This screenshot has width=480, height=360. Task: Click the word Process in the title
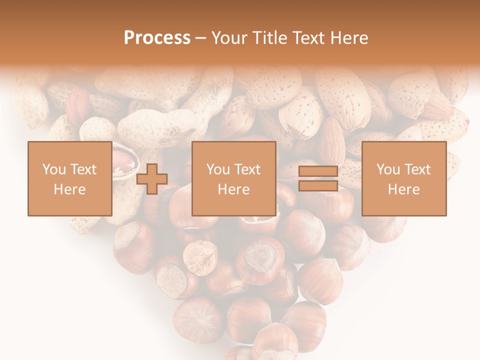tap(157, 38)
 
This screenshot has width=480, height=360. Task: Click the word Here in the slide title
tap(349, 38)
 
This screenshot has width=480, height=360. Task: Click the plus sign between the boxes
tap(152, 179)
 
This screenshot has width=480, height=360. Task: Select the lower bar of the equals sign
tap(318, 185)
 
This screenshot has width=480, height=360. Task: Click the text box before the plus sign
tap(69, 178)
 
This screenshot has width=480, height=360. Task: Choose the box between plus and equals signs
tap(233, 178)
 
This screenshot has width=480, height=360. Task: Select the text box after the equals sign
tap(403, 178)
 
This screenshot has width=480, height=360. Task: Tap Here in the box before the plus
tap(69, 189)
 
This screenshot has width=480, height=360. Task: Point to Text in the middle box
tap(247, 169)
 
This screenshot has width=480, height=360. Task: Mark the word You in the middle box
tap(218, 169)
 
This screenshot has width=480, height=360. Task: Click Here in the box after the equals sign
tap(403, 189)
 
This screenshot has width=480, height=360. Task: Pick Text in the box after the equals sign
tap(417, 169)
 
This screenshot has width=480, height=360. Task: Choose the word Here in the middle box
tap(233, 189)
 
